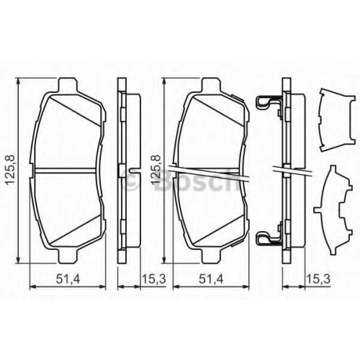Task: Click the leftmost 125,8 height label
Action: (x=10, y=170)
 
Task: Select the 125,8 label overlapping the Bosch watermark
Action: (x=156, y=170)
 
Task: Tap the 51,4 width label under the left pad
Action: (x=68, y=279)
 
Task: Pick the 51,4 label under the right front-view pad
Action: (x=211, y=279)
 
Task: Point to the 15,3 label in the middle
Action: (x=154, y=279)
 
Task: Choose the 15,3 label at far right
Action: (x=318, y=279)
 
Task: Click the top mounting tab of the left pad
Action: (x=68, y=84)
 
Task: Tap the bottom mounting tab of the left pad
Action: (x=68, y=256)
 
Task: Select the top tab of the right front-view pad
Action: (x=211, y=84)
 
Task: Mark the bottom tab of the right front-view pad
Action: (x=211, y=256)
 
